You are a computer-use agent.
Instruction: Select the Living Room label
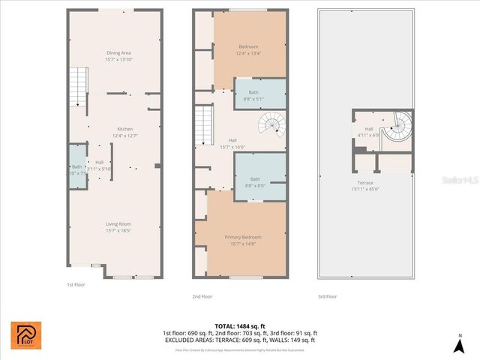tap(118, 223)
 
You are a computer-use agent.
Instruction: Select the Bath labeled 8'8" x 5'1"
tap(253, 93)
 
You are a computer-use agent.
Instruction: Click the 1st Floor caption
tap(76, 284)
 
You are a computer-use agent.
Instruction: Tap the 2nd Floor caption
tap(202, 296)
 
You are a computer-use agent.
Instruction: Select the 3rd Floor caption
tap(327, 296)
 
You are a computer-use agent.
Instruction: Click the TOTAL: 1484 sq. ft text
tap(239, 325)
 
